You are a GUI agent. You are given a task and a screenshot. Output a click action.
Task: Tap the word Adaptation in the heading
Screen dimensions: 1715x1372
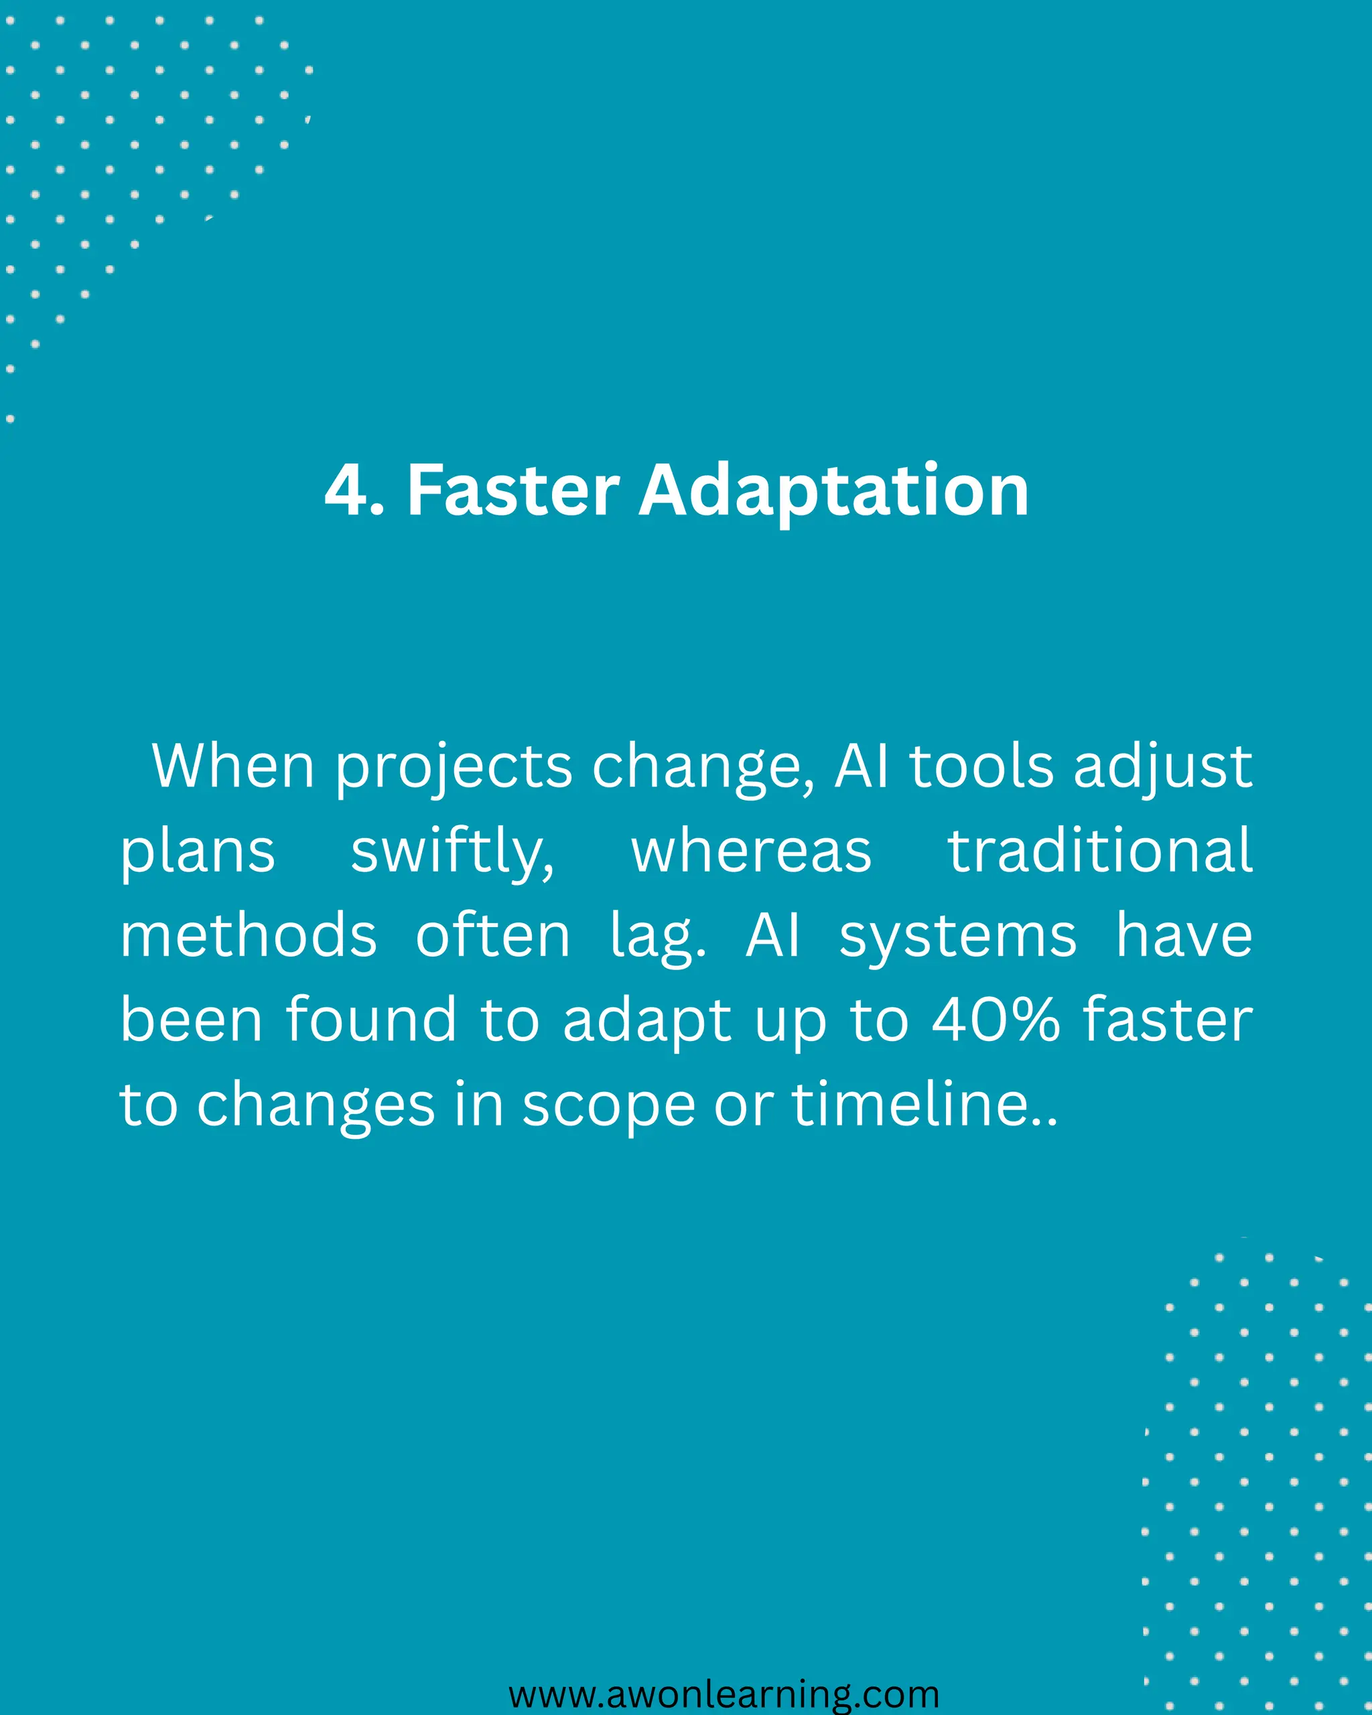click(833, 491)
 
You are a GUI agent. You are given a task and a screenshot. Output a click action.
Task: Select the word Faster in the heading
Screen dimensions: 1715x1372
click(513, 491)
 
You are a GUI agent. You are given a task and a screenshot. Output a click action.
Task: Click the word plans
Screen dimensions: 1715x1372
click(197, 853)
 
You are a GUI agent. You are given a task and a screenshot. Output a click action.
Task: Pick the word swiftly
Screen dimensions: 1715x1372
click(452, 853)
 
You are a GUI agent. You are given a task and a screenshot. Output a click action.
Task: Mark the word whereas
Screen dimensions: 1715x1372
click(751, 851)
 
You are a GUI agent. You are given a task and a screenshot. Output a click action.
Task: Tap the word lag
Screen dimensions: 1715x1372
click(657, 937)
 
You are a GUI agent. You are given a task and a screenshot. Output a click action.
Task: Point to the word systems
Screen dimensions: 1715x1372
click(957, 937)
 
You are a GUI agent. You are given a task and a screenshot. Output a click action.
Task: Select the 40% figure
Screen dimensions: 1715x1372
click(996, 1020)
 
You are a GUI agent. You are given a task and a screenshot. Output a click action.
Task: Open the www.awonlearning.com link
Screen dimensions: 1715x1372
click(724, 1694)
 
